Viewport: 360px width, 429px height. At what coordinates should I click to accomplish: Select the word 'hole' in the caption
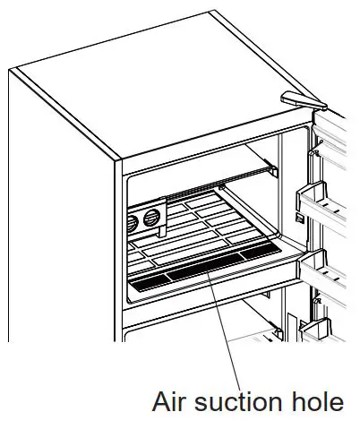(x=315, y=402)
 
